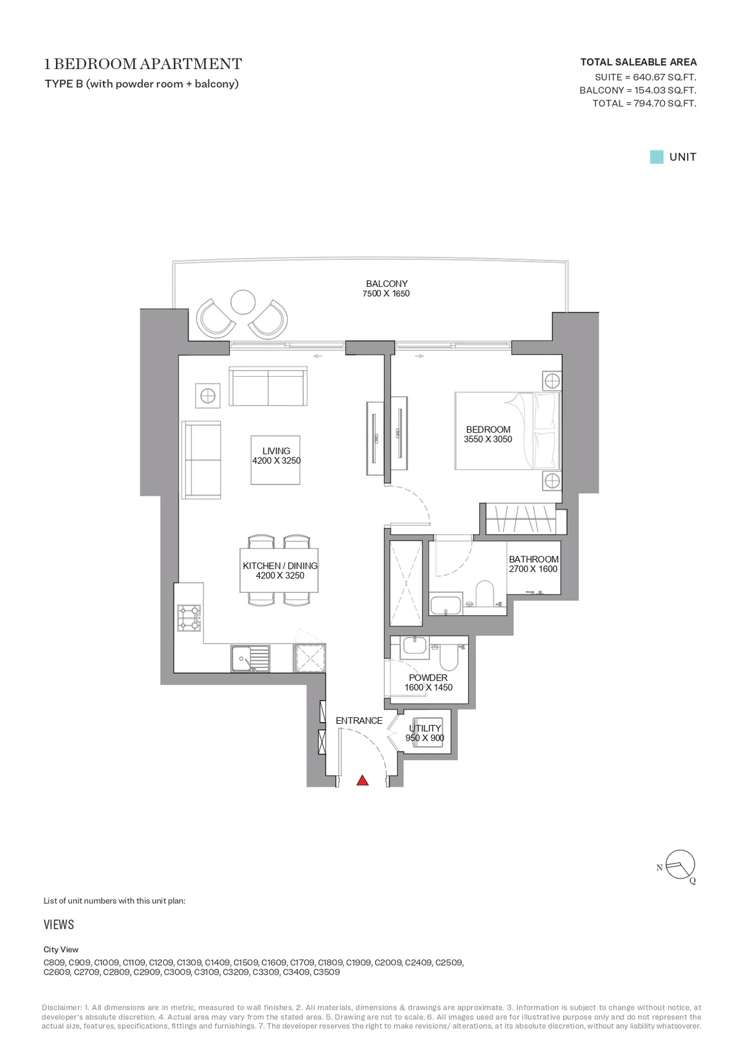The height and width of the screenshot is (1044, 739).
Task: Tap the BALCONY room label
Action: pos(387,283)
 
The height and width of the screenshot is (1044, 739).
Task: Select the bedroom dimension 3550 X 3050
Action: pos(488,439)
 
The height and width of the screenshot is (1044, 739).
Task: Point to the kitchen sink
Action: pos(250,658)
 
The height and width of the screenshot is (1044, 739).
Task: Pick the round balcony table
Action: pos(243,302)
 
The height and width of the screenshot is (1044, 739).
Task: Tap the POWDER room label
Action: pos(428,678)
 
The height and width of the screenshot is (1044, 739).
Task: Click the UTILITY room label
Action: pos(425,728)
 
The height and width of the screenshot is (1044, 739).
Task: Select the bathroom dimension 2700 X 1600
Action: pos(533,569)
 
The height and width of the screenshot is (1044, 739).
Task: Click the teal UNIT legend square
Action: pos(656,156)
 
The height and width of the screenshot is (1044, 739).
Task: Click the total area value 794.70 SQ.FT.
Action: pos(665,103)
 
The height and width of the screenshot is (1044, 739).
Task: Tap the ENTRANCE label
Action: pos(359,721)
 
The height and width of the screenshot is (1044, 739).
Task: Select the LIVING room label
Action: pos(276,451)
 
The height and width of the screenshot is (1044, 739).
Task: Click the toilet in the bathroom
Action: pos(485,593)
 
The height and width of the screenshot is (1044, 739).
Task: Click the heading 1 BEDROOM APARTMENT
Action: pos(143,64)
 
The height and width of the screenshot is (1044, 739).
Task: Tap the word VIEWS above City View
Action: pos(59,925)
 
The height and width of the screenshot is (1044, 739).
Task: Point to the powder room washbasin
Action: pos(415,646)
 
